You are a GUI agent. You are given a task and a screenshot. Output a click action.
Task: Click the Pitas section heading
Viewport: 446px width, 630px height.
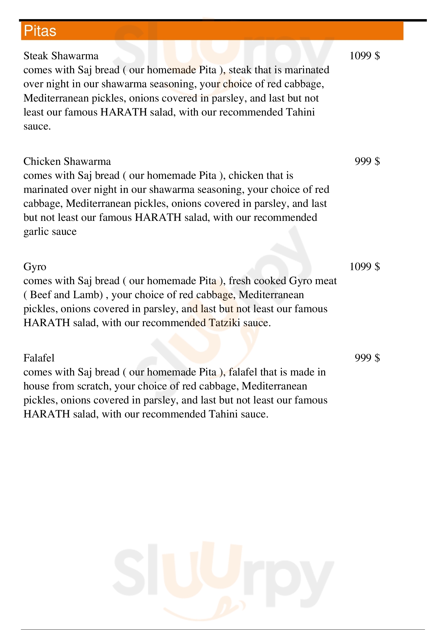click(x=40, y=31)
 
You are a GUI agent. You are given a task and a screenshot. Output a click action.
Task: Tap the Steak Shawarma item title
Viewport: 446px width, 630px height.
click(x=61, y=56)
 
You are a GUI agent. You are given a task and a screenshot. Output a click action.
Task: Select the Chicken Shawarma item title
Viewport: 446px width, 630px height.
click(x=67, y=161)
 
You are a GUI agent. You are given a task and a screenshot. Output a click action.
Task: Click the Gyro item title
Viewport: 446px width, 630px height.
click(x=35, y=267)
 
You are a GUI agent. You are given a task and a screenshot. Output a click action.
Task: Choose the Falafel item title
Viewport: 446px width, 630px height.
click(x=39, y=358)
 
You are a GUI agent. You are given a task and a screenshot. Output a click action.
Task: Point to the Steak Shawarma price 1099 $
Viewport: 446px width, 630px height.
click(x=365, y=56)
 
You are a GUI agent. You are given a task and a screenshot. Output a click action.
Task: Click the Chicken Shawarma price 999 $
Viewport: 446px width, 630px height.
click(x=367, y=161)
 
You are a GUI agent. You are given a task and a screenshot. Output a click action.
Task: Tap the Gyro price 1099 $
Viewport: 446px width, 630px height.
click(x=365, y=267)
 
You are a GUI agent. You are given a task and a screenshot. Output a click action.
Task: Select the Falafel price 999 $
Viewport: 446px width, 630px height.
click(x=367, y=358)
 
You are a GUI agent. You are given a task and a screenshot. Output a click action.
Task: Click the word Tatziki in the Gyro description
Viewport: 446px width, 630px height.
click(x=224, y=323)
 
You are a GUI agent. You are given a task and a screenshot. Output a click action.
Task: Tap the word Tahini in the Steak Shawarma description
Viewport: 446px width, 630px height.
click(x=300, y=112)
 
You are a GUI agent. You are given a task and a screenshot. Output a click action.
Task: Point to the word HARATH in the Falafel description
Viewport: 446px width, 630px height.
click(x=47, y=414)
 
